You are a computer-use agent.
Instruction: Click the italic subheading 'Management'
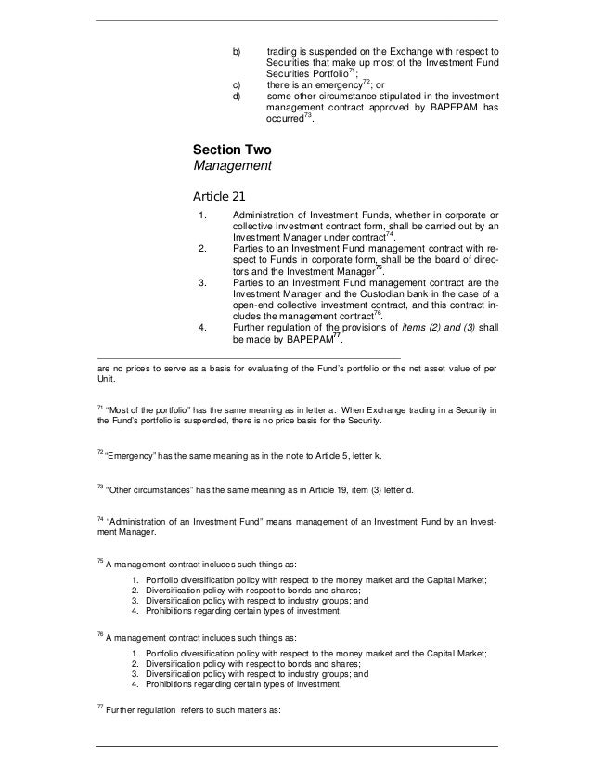pyautogui.click(x=231, y=167)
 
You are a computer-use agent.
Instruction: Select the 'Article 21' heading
pyautogui.click(x=219, y=197)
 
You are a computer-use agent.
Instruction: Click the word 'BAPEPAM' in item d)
pyautogui.click(x=444, y=108)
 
